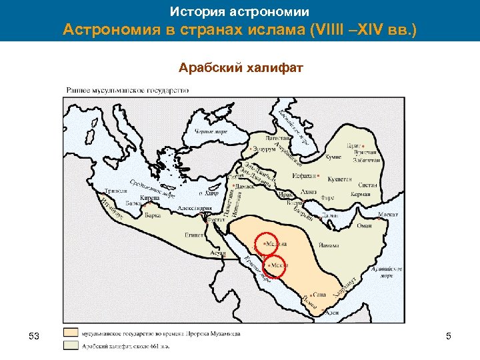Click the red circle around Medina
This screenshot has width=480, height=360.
tap(269, 243)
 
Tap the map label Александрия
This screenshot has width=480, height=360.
tap(195, 209)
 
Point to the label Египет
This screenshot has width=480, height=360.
tap(195, 235)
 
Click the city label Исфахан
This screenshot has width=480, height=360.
tap(305, 177)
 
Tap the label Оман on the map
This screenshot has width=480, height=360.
tap(365, 225)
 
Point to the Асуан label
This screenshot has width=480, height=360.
tap(217, 254)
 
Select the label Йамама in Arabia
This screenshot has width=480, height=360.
tap(329, 245)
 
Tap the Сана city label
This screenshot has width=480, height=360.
tap(319, 293)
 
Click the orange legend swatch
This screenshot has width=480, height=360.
tap(71, 332)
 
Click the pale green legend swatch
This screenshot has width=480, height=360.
tap(71, 345)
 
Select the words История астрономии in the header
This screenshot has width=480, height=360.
tap(239, 11)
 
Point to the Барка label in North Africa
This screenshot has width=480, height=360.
tap(153, 215)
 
